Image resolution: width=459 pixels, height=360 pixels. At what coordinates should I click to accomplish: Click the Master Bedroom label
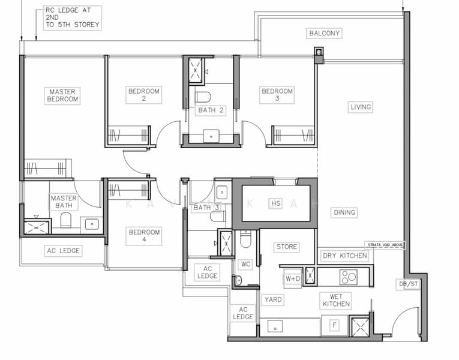pos(62,95)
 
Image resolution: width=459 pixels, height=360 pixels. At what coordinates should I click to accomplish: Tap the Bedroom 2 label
pos(144,95)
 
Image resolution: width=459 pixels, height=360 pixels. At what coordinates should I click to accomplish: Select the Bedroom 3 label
pos(277,95)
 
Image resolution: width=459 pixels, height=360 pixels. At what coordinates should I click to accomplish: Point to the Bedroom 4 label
pos(144,236)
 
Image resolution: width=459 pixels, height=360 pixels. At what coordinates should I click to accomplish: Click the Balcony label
pos(324,33)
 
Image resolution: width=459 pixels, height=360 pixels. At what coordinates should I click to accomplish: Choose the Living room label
pos(361,107)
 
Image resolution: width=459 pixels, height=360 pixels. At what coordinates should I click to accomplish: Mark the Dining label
pos(344,212)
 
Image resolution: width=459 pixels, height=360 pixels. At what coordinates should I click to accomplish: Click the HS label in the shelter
pos(275,203)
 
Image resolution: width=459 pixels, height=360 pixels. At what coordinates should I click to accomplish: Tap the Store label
pos(287,247)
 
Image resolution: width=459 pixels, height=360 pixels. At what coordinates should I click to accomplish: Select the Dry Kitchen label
pos(345,256)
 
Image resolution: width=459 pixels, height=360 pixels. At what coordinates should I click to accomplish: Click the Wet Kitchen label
pos(335,300)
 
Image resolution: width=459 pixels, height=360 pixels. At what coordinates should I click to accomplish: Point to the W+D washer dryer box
pos(292,278)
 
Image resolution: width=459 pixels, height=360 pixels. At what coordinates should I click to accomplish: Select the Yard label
pos(273,299)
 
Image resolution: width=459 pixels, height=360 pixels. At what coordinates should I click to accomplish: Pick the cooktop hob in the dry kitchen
pos(348,277)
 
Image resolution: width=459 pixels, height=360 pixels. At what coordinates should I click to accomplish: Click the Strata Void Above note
pos(385,245)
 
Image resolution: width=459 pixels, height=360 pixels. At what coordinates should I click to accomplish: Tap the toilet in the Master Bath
pos(66,220)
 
